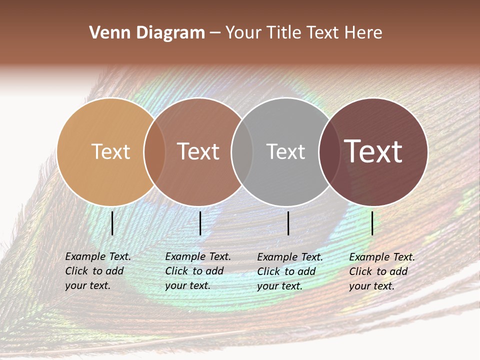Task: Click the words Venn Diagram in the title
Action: click(x=147, y=33)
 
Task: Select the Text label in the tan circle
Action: click(x=110, y=151)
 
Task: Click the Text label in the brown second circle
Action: click(x=198, y=151)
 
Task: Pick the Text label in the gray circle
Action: click(x=285, y=151)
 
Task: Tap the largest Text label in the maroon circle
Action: click(x=373, y=151)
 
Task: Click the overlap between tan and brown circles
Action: click(x=154, y=151)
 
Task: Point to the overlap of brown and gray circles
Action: click(x=242, y=151)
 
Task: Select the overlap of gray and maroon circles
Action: click(x=329, y=151)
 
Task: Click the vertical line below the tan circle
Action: click(x=112, y=223)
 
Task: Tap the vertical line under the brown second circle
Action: click(x=200, y=223)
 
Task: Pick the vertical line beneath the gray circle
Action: click(x=288, y=223)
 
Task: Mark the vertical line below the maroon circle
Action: click(x=372, y=223)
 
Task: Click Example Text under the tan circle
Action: click(x=98, y=256)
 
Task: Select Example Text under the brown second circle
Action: click(x=198, y=256)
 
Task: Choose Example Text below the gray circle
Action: click(x=290, y=257)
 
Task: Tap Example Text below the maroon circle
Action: click(x=382, y=257)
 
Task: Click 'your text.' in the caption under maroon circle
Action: click(x=371, y=286)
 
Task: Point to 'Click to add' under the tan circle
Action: click(x=94, y=271)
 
